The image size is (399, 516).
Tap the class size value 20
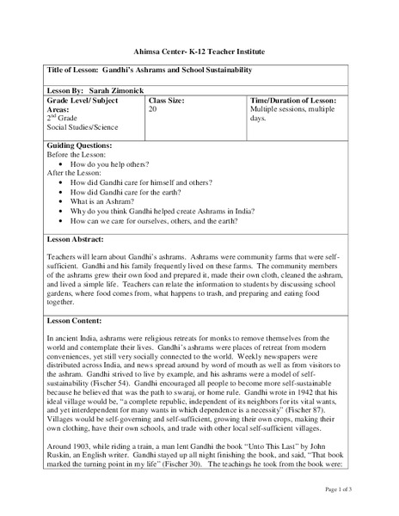tap(152, 110)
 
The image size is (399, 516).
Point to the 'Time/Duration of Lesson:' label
tap(292, 101)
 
